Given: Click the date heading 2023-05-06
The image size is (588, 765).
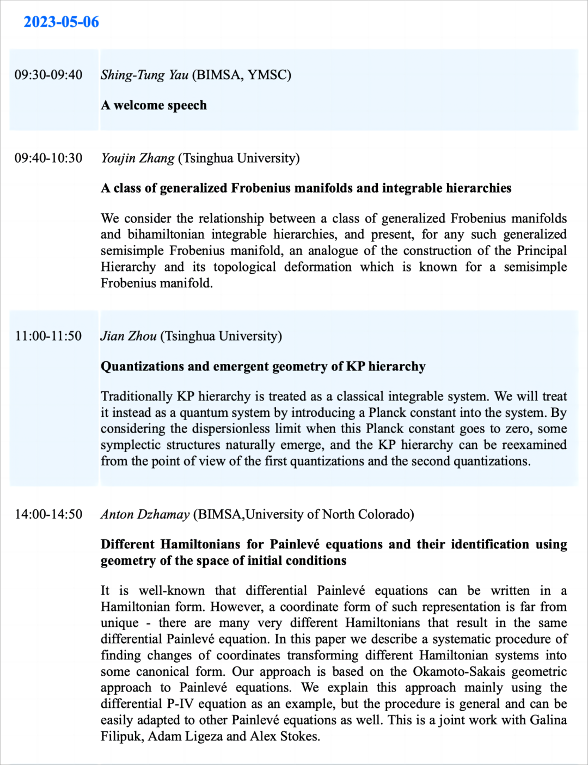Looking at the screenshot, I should click(61, 22).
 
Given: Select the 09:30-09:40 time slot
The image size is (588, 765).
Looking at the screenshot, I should click(48, 75).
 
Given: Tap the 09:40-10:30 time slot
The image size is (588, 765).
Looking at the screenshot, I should click(48, 158).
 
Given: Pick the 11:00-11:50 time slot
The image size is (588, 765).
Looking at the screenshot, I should click(48, 336).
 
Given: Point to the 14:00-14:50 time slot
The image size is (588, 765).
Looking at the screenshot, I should click(48, 514).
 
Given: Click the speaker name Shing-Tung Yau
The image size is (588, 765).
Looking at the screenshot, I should click(144, 75).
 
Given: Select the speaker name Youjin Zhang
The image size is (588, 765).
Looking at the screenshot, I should click(138, 158).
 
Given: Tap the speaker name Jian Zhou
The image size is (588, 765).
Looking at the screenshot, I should click(128, 336).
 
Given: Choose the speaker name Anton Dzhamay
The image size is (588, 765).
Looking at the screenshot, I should click(145, 514).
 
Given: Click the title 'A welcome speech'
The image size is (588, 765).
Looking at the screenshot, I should click(154, 105).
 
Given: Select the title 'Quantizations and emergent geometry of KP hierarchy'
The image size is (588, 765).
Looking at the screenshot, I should click(263, 366).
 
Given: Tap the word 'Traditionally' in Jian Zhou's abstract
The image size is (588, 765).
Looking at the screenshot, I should click(137, 396).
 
